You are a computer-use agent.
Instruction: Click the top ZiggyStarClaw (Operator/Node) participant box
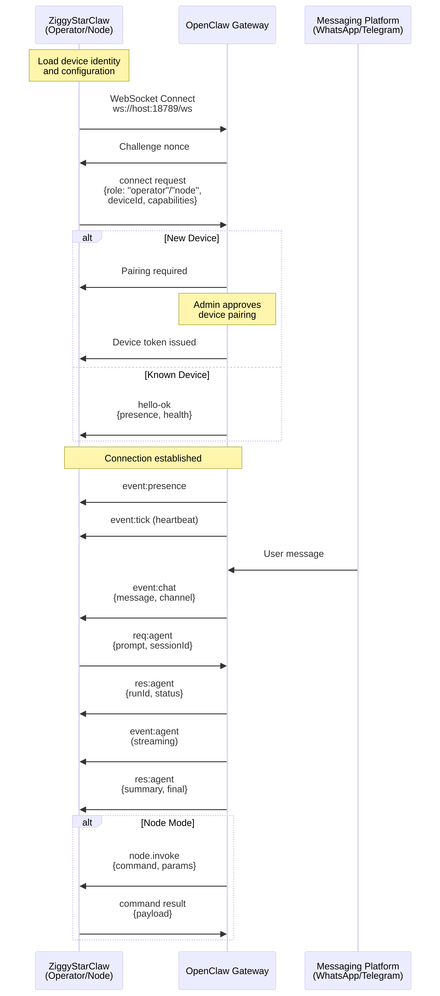[x=79, y=25]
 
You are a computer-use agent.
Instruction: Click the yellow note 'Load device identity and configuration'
[x=79, y=66]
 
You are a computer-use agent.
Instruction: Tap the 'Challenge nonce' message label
[x=154, y=146]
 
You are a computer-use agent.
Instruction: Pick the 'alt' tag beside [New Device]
[x=87, y=237]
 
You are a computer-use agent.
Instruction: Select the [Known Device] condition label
[x=177, y=375]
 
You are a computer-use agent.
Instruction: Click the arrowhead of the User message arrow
[x=231, y=570]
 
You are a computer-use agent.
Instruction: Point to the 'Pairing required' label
[x=154, y=271]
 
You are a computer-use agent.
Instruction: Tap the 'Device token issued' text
[x=154, y=342]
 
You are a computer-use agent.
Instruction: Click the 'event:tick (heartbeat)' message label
[x=154, y=520]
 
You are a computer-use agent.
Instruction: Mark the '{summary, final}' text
[x=154, y=789]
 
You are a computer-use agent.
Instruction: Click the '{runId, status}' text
[x=154, y=693]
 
